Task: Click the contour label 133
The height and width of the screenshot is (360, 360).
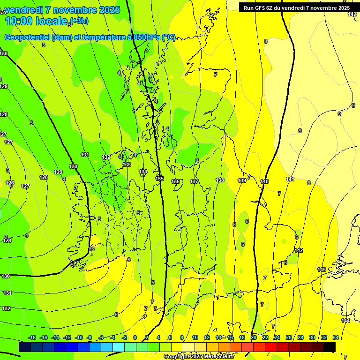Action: pos(127,165)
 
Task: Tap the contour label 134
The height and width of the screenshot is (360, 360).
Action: pos(143,172)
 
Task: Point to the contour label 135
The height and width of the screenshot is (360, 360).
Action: pos(159,179)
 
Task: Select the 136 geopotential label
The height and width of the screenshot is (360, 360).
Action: pos(175,181)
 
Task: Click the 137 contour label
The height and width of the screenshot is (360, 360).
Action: pos(194,181)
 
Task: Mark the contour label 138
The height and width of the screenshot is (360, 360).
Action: pos(220,180)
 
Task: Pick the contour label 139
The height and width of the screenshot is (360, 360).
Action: pos(242,180)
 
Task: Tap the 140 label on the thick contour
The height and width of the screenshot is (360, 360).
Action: pos(264,181)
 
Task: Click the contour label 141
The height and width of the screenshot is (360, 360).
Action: pos(290,179)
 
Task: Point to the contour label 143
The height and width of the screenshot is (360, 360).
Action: pos(322,270)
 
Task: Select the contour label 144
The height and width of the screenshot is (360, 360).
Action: pos(345,321)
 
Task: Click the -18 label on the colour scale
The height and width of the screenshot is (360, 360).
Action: pos(32,337)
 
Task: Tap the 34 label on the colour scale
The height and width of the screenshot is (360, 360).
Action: pos(336,337)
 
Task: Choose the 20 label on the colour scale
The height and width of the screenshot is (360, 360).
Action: pos(254,337)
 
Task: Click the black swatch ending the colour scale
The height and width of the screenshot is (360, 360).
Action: pos(330,347)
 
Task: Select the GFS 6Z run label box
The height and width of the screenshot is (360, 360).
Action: pos(296,7)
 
